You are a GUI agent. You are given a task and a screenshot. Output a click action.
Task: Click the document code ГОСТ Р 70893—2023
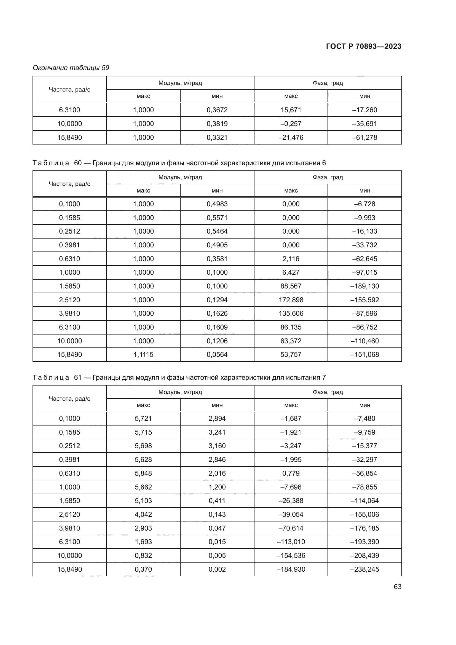pos(363,46)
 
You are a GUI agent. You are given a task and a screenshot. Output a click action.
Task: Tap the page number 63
pos(397,587)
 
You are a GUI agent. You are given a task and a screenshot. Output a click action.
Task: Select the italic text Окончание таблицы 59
pos(71,68)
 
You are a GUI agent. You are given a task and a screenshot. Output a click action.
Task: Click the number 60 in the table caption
pos(78,163)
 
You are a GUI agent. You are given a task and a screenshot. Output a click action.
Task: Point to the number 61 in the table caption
pos(78,377)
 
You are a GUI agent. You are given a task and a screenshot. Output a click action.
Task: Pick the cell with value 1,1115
pos(143,355)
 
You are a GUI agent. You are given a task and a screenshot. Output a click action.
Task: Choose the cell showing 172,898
pos(291,300)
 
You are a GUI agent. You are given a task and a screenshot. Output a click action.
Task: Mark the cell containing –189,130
pos(364,286)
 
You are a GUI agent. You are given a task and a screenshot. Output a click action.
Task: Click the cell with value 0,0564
pos(217,355)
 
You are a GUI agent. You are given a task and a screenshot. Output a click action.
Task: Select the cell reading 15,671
pos(291,110)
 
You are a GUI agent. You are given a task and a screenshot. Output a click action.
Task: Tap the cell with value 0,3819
pos(217,124)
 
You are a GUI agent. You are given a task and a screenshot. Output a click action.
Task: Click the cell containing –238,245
pos(364,569)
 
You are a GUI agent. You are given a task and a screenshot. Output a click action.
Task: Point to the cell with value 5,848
pos(143,473)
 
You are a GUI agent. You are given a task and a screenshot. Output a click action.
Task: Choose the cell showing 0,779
pos(291,473)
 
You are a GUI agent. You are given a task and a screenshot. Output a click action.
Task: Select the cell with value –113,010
pos(291,542)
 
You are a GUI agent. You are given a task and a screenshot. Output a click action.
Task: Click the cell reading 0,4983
pos(217,204)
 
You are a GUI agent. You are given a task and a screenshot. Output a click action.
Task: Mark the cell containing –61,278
pos(364,137)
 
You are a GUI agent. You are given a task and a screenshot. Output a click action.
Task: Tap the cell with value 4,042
pos(143,514)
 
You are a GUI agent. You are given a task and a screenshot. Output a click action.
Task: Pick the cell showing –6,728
pos(364,204)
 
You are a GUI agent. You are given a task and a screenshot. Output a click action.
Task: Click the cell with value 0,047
pos(217,528)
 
